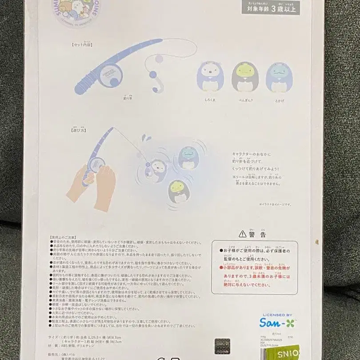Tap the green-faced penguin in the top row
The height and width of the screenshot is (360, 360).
point(245,76)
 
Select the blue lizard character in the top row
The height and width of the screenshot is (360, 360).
point(279,76)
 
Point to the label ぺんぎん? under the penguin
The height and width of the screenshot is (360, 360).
point(245,100)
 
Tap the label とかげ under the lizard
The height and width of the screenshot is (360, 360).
point(279,100)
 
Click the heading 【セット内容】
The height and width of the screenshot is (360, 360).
point(83,44)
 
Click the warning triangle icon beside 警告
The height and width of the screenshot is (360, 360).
point(242,233)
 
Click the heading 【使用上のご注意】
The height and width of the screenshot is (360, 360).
point(66,238)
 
